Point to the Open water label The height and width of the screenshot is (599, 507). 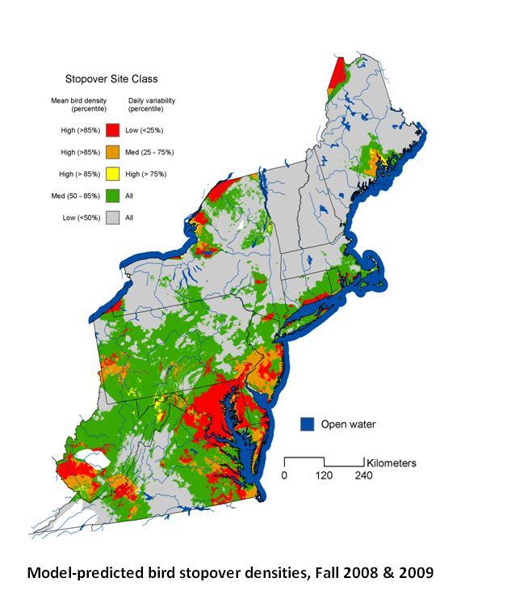pos(348,424)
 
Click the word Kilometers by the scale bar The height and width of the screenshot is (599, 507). pos(391,463)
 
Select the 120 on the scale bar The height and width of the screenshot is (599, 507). pos(324,475)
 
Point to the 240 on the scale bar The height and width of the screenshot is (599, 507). pos(363,475)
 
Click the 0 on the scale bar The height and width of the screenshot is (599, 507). pos(284,475)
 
